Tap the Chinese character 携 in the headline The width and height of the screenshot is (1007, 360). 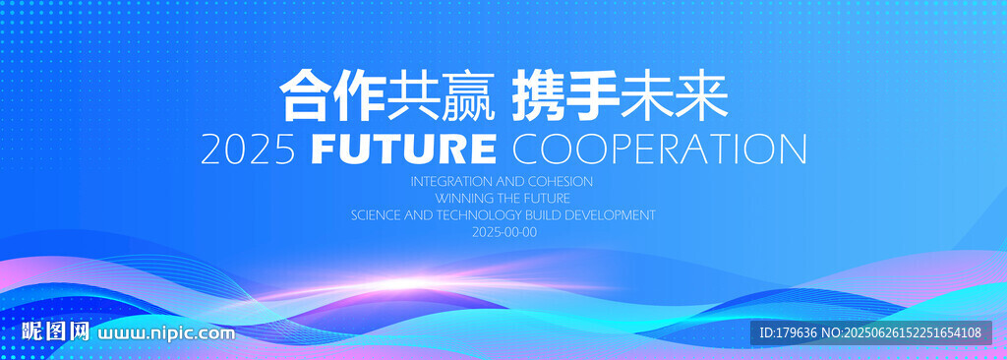[539, 96]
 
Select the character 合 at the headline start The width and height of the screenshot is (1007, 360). [305, 96]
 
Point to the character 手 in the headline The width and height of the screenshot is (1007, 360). [592, 96]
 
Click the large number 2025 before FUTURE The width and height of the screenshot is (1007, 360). [248, 150]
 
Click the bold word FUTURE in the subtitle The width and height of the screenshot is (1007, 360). [403, 150]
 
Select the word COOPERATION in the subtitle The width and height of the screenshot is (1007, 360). [659, 150]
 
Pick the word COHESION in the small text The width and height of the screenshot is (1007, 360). [563, 181]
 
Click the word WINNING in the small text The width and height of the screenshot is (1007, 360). [459, 198]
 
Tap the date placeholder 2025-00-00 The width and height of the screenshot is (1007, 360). [504, 232]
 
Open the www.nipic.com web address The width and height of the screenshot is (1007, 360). [165, 333]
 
